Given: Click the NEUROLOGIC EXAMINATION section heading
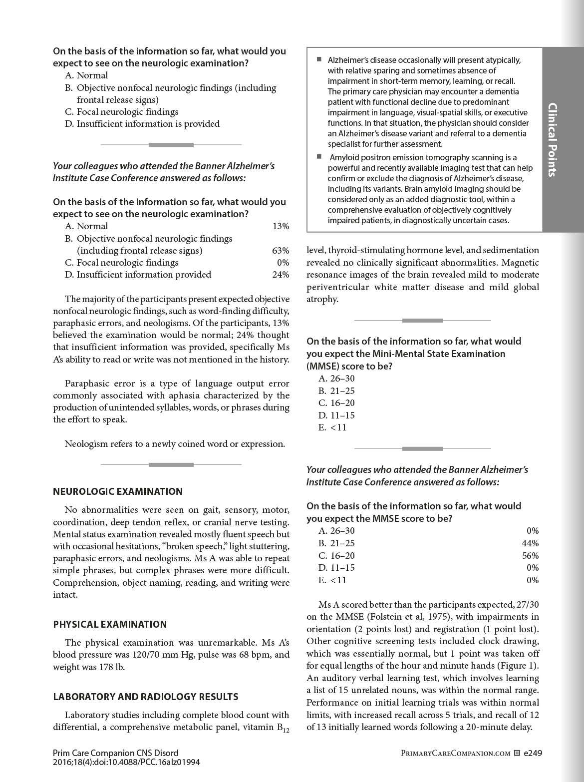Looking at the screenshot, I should [x=118, y=491].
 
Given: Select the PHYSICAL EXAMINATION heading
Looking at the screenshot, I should [x=110, y=624].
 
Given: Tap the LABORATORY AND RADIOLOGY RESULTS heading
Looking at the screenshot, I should [x=146, y=697].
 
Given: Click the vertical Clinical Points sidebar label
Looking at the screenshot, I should [x=552, y=140].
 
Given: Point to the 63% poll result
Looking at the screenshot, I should [x=281, y=251].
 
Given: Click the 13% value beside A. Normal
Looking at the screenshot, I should [x=281, y=226].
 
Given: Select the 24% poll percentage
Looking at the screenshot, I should [x=281, y=275].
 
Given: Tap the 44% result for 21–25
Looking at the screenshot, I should [x=530, y=543].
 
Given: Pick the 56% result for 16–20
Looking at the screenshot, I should [x=530, y=556].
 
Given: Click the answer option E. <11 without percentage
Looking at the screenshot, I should [x=332, y=427].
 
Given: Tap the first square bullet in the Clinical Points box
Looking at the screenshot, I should [x=319, y=59].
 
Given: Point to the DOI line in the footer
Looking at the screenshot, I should [x=126, y=762].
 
